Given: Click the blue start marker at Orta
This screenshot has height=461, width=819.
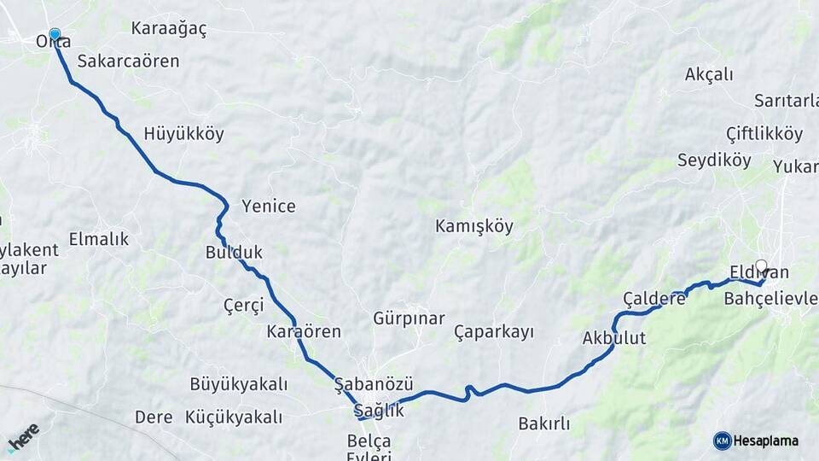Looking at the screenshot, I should tap(55, 35).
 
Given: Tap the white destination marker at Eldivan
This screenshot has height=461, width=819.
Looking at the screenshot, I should tap(761, 266).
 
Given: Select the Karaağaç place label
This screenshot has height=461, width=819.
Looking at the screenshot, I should tap(169, 28).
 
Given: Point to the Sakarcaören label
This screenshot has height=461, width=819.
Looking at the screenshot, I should tap(128, 61).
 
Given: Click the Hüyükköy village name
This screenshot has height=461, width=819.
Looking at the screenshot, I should tap(183, 133).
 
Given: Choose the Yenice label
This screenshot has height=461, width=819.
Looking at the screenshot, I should tap(269, 206).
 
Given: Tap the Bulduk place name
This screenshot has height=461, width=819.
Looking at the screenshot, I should tap(234, 252).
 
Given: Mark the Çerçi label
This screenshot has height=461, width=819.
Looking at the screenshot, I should tap(243, 305).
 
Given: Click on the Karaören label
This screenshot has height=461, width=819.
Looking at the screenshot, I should tap(304, 330).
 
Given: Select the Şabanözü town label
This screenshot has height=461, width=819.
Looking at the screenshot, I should tap(374, 383).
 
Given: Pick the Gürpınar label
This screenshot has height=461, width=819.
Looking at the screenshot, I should tap(409, 318).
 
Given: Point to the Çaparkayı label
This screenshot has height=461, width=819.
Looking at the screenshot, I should tap(493, 331).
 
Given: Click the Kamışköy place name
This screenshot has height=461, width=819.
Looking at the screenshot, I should tap(474, 226).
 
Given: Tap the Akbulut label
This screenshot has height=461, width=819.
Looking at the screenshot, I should tap(613, 338).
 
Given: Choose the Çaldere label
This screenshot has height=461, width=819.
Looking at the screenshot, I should tap(654, 298).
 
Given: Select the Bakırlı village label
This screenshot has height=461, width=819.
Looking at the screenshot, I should tap(543, 423).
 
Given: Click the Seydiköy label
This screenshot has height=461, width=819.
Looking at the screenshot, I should tap(714, 160).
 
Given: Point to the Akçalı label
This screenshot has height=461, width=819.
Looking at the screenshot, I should tap(709, 74).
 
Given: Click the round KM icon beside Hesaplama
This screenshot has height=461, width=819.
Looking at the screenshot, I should tap(722, 441).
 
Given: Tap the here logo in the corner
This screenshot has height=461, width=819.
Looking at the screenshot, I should tap(23, 437).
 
